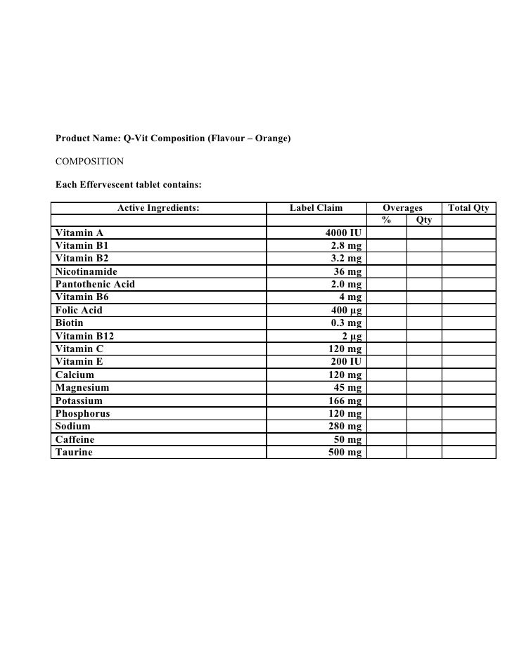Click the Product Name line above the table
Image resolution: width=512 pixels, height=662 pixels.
coord(173,138)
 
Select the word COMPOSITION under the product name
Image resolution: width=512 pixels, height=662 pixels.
coord(89,162)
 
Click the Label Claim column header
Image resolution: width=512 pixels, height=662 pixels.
coord(316,208)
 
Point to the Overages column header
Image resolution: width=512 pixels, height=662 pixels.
coord(402,208)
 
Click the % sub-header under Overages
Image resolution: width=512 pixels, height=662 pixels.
coord(386,221)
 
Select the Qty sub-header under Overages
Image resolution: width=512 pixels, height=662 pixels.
coord(424,221)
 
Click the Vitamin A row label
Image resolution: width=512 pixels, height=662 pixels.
coord(79,233)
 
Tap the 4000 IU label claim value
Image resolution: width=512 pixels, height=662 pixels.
coord(343,233)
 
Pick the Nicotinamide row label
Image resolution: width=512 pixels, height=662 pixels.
coord(87,271)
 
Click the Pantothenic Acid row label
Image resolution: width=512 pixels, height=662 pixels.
coord(95,285)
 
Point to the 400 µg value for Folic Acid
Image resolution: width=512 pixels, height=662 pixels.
coord(346,310)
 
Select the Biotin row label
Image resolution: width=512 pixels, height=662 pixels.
coord(70,323)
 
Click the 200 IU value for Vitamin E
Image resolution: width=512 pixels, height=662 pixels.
coord(346,362)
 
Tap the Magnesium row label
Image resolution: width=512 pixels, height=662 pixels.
coord(82,388)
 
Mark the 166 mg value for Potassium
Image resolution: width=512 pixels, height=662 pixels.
coord(345,401)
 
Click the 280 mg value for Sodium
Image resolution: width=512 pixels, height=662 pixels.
coord(345,427)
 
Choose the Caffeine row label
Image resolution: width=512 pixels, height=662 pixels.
coord(75,439)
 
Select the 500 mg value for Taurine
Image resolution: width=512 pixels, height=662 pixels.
coord(345,453)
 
